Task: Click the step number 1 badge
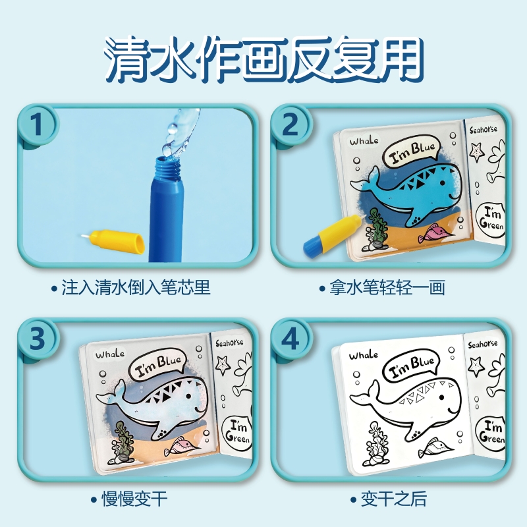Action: point(37,125)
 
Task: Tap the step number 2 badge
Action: point(290,125)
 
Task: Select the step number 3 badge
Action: point(37,338)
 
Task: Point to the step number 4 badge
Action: point(290,338)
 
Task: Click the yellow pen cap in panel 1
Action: point(113,240)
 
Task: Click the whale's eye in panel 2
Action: point(443,183)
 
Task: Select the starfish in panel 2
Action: point(477,152)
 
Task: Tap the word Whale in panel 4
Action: point(364,355)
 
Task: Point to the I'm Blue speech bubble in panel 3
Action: point(158,365)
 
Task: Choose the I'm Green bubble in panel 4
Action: point(491,433)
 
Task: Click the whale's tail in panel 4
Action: point(365,397)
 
